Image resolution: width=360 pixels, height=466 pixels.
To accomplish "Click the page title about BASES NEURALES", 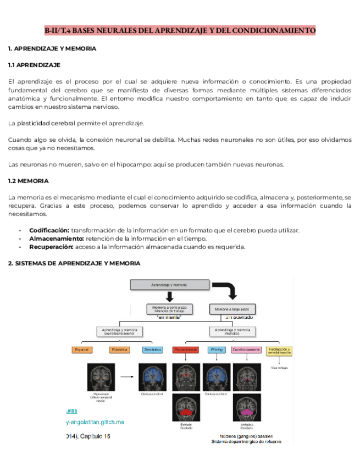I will (180, 30).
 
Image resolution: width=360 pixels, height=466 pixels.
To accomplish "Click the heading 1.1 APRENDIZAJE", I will (34, 65).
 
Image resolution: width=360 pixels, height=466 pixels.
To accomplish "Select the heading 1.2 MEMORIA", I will (29, 181).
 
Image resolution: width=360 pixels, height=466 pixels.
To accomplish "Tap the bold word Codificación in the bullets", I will (49, 230).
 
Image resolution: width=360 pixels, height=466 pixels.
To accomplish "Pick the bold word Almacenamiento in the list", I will (56, 238).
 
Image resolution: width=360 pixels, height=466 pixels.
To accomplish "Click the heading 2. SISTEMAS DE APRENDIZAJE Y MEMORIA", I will (74, 263).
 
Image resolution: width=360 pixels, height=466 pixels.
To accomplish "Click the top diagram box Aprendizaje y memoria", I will (169, 285).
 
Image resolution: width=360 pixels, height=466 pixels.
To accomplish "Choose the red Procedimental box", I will (185, 349).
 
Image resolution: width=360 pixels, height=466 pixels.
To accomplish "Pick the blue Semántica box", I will (152, 349).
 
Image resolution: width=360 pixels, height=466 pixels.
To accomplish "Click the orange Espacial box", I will (84, 349).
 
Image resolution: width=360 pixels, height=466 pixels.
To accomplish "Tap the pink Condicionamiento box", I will (246, 349).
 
